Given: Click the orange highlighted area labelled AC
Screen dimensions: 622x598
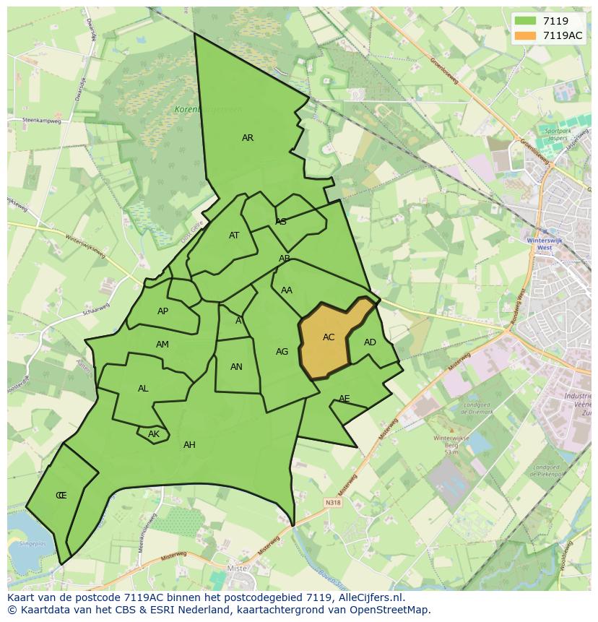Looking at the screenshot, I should pyautogui.click(x=329, y=338).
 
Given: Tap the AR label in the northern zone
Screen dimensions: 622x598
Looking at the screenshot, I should pyautogui.click(x=248, y=138).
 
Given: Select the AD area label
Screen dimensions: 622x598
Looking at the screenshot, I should pyautogui.click(x=370, y=342).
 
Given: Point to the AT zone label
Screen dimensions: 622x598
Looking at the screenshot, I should pyautogui.click(x=234, y=236).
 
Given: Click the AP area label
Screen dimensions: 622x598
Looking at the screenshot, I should pyautogui.click(x=162, y=311).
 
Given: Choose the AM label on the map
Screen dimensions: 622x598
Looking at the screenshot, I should pyautogui.click(x=162, y=345).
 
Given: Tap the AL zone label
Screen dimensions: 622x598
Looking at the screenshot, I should pyautogui.click(x=143, y=389).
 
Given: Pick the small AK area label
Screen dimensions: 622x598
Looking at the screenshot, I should pyautogui.click(x=153, y=434).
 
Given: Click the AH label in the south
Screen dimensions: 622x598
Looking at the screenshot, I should pyautogui.click(x=189, y=445).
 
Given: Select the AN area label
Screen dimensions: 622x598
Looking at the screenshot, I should pyautogui.click(x=236, y=367).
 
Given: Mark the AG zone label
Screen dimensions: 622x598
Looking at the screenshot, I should pyautogui.click(x=282, y=352).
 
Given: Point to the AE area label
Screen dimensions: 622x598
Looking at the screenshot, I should pyautogui.click(x=344, y=399).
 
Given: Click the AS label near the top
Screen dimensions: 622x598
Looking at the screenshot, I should pyautogui.click(x=281, y=222).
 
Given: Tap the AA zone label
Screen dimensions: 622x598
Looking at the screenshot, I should pyautogui.click(x=287, y=290).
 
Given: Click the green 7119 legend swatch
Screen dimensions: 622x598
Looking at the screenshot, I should pyautogui.click(x=526, y=22).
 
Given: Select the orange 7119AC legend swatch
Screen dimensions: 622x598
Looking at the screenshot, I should pyautogui.click(x=526, y=36).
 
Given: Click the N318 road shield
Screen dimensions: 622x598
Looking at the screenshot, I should pyautogui.click(x=332, y=503).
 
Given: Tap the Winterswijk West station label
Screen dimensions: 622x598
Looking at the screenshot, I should pyautogui.click(x=539, y=243).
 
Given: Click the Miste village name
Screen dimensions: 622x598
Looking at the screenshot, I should pyautogui.click(x=238, y=569).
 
